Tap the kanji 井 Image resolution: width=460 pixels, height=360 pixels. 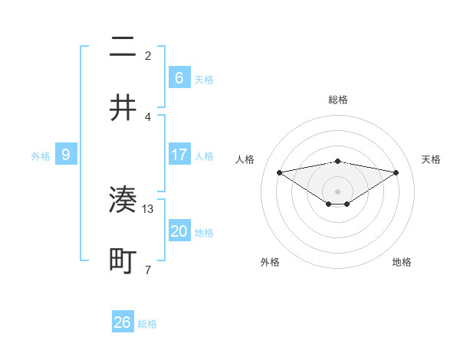123,107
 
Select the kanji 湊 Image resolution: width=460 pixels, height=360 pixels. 123,201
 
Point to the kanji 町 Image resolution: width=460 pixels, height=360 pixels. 123,260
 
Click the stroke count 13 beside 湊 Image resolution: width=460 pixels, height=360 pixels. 149,208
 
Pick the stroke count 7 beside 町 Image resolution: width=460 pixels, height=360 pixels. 149,269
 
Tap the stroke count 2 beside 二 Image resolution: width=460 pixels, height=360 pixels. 148,56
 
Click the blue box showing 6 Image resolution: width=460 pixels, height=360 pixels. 179,77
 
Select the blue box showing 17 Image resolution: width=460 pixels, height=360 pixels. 179,155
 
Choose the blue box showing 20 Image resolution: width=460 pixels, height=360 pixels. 179,231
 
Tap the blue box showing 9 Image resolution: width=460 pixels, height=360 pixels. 66,155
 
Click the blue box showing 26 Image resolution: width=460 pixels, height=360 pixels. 123,322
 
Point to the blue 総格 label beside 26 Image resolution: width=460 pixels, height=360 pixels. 147,324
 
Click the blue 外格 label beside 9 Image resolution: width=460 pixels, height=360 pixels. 41,156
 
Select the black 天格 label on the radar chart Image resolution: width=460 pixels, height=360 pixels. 431,159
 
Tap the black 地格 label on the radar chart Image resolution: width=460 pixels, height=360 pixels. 402,262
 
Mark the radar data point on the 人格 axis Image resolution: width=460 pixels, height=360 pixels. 280,172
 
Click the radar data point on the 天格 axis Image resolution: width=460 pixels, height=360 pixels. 396,172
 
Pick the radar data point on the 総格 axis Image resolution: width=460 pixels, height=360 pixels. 337,161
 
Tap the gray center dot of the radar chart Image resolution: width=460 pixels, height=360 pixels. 337,191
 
